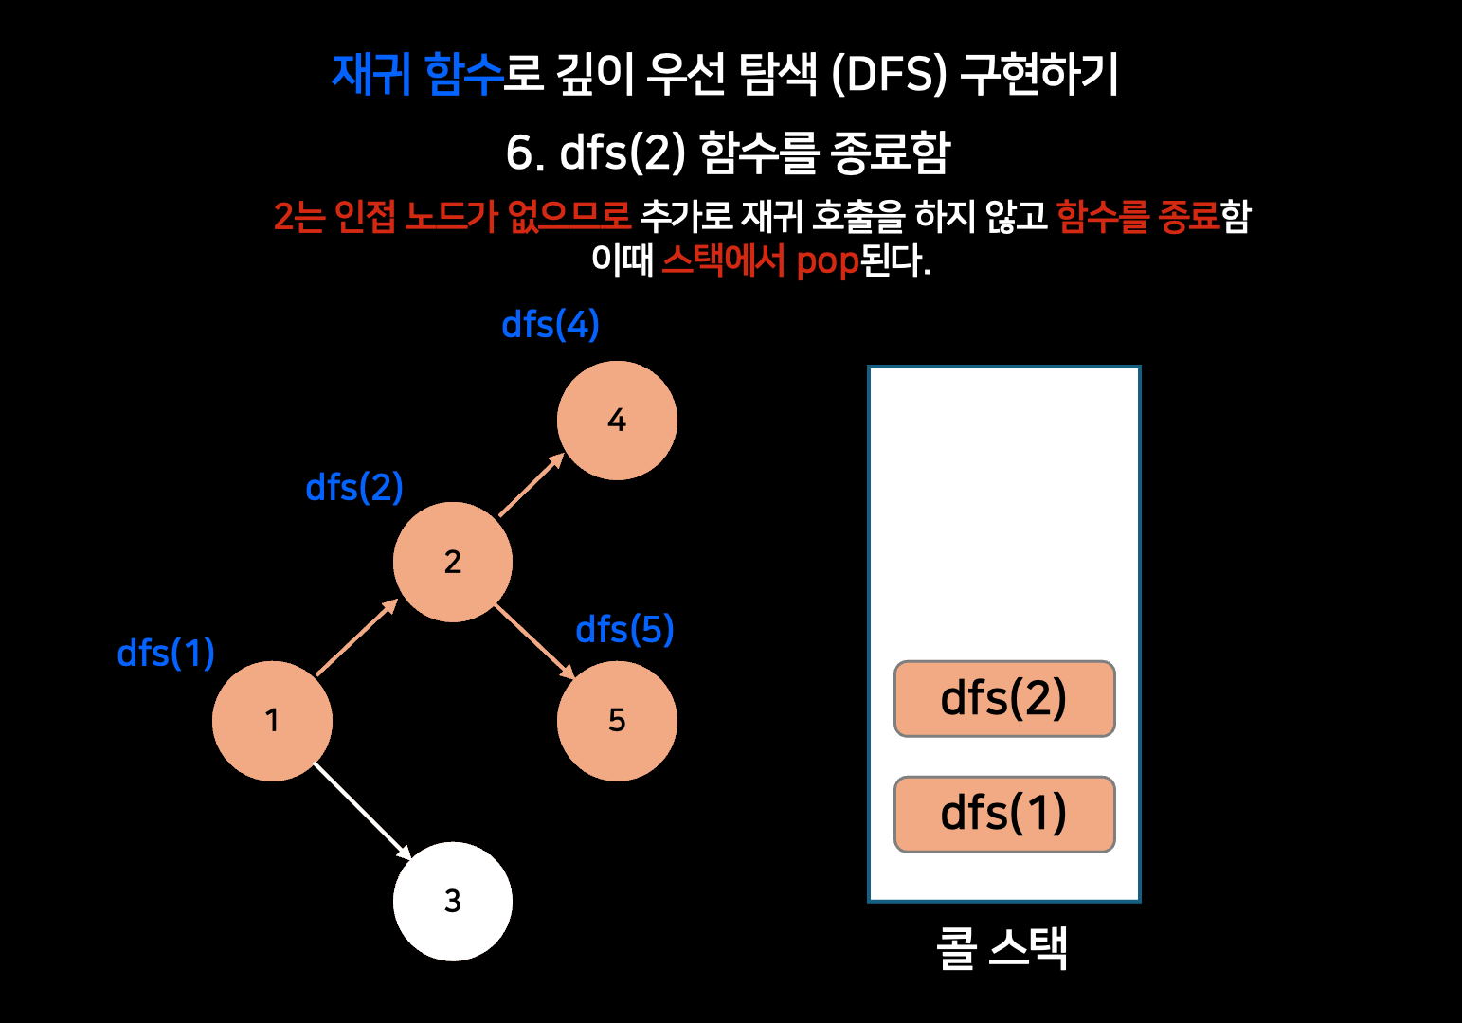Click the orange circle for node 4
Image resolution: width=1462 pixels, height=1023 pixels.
pos(617,421)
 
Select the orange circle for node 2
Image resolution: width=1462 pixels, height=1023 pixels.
pos(453,562)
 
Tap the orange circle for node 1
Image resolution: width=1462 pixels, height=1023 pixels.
pos(273,721)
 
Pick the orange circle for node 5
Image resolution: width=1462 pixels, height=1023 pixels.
pos(617,721)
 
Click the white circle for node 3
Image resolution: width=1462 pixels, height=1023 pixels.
pos(453,901)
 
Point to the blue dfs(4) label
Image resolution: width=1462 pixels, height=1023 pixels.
pos(550,325)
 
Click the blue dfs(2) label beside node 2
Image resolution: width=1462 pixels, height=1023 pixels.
pos(354,488)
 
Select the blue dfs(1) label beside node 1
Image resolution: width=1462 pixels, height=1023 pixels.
pos(166,654)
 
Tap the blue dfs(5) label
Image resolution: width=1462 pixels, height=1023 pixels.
pos(624,630)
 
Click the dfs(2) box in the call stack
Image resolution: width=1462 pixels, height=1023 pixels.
pos(1004,699)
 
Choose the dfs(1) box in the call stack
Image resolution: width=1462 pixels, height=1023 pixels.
pos(1004,815)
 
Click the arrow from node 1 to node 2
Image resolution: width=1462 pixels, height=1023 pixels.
pos(356,637)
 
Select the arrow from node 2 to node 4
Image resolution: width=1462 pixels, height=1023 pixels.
pos(532,485)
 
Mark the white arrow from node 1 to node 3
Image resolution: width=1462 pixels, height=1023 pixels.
pos(362,811)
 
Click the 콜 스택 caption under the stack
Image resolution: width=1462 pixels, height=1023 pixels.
pos(1002,947)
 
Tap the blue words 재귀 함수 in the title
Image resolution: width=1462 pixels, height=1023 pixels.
pos(417,74)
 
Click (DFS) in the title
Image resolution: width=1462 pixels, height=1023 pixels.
pos(888,75)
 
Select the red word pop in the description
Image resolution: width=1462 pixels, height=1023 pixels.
pos(827,260)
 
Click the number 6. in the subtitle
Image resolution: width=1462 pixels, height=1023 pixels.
pos(524,153)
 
